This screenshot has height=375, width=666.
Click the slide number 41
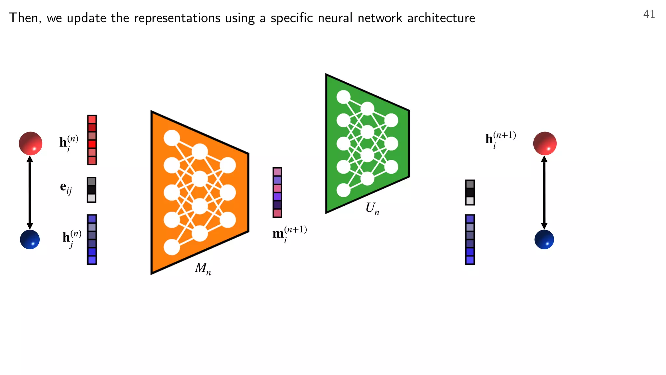pos(649,14)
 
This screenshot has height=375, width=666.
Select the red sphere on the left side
pos(31,143)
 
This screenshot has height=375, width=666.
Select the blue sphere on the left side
pos(30,240)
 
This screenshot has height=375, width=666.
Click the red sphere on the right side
pos(545,143)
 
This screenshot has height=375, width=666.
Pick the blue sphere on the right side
pos(544,240)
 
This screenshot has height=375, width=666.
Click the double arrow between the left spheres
pos(30,192)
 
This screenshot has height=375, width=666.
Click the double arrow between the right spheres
pos(544,192)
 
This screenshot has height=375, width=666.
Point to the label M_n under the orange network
pos(203,269)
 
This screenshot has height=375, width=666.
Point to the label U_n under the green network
pos(372,208)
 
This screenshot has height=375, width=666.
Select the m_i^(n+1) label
pos(289,234)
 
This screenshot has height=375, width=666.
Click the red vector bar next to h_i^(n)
pos(92,140)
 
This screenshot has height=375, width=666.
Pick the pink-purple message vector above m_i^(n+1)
pos(277,192)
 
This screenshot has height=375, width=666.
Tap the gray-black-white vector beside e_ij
pos(92,190)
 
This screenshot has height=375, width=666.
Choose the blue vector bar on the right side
pos(470,240)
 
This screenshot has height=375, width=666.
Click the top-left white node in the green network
pos(343,97)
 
